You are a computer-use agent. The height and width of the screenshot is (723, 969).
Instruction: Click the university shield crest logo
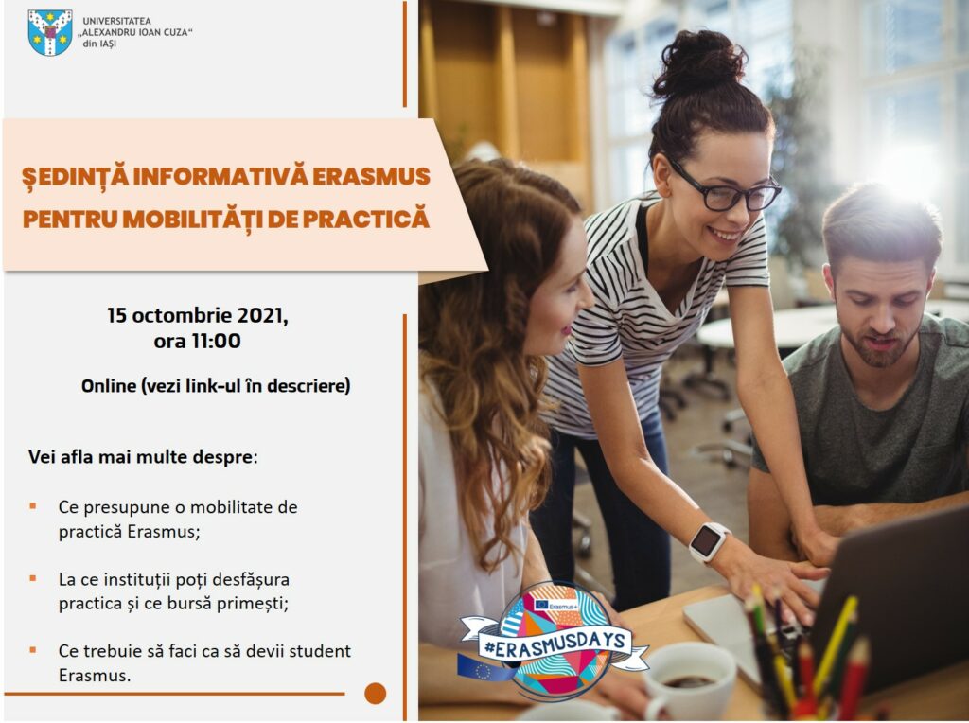tap(50, 33)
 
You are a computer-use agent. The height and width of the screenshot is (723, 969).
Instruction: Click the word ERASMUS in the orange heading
tap(371, 177)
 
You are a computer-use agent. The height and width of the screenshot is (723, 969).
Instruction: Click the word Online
tap(109, 385)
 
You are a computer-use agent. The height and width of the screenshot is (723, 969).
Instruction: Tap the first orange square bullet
tap(33, 506)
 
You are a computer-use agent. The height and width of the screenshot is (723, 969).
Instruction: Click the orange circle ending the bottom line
tap(375, 694)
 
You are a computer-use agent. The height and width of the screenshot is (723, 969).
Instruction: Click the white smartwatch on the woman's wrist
tap(708, 542)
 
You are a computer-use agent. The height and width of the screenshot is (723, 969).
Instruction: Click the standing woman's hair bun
tap(700, 63)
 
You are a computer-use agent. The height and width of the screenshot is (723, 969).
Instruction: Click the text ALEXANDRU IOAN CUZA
tap(136, 32)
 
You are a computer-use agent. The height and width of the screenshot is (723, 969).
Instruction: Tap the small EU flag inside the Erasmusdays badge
tap(542, 604)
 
